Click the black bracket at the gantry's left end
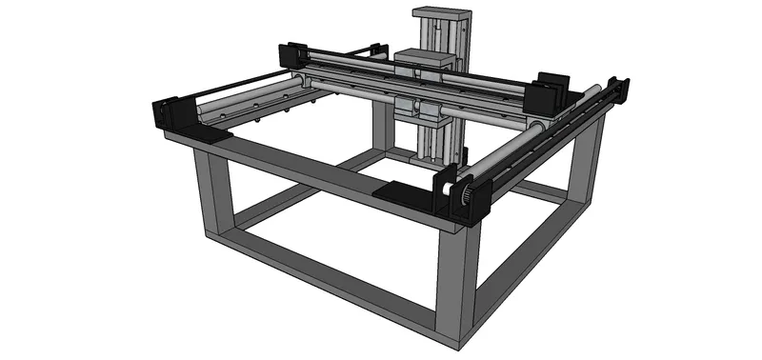pyautogui.click(x=290, y=57)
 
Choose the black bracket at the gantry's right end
pyautogui.click(x=548, y=90)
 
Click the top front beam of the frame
pyautogui.click(x=324, y=176)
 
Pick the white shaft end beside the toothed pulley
pyautogui.click(x=448, y=188)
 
